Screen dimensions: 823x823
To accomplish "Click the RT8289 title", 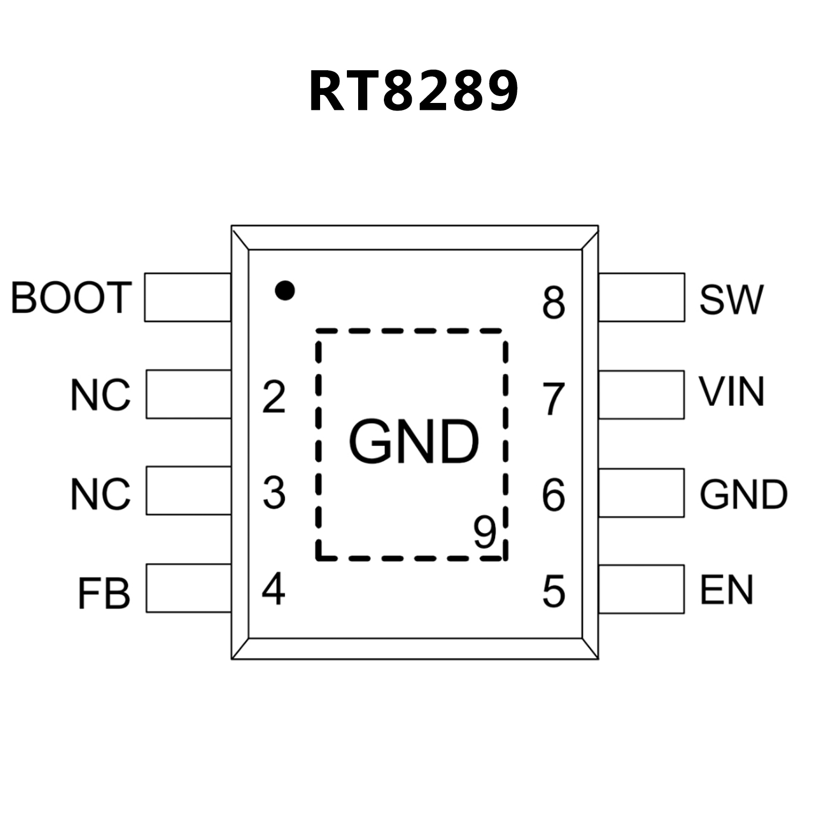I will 413,91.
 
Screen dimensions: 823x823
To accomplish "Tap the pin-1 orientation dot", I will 284,290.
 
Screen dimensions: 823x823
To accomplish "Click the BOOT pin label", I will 71,298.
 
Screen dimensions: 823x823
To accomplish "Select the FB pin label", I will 104,594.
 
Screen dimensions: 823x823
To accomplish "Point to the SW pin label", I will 731,299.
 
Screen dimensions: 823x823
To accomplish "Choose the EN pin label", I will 726,590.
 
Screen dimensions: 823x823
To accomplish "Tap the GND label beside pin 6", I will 743,494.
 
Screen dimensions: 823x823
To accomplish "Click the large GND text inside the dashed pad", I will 413,442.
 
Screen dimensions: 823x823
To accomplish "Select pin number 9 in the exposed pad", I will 485,532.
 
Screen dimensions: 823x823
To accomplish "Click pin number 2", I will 273,397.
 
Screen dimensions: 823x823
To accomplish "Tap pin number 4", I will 273,589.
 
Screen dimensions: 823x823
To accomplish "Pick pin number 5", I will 554,591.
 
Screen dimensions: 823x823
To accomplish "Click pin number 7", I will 554,399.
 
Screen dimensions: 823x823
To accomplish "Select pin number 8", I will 554,302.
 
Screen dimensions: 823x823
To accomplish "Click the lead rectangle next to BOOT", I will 188,298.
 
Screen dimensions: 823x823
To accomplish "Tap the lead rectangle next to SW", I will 641,298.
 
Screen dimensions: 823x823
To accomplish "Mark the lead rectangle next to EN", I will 641,589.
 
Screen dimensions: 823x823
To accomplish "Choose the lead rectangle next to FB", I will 188,588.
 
